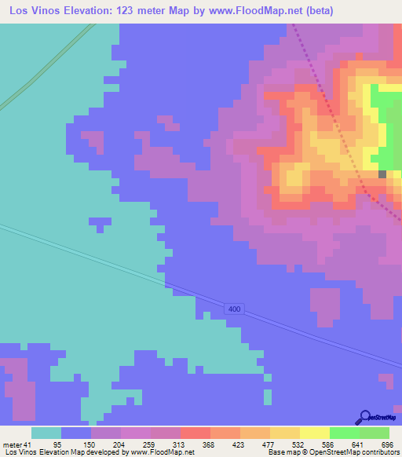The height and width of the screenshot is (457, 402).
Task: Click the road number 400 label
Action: point(234,309)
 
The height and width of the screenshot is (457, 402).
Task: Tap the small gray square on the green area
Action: point(382,174)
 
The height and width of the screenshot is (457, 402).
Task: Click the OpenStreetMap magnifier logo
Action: point(364,416)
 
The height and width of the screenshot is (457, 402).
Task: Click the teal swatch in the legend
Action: point(46,433)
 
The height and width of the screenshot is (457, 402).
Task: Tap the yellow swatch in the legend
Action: point(284,433)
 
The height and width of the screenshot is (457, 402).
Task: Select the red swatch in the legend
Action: point(195,433)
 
